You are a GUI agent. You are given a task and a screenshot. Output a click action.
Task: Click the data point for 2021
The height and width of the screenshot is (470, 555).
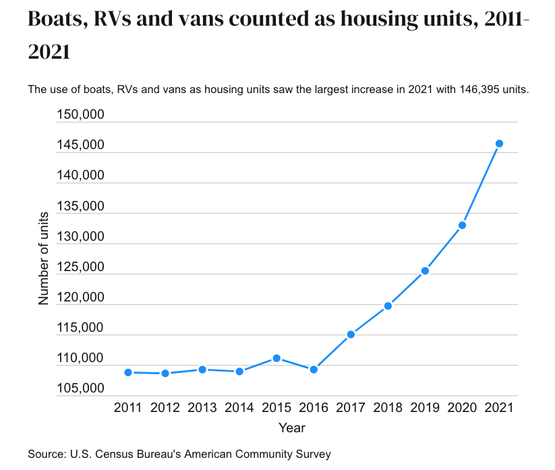[x=499, y=144]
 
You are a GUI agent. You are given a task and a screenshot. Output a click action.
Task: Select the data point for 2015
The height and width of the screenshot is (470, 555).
[x=276, y=358]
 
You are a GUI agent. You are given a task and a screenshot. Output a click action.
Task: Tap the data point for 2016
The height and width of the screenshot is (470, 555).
[x=314, y=370]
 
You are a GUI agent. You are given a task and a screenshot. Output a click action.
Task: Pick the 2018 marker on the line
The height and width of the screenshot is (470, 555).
[x=388, y=305]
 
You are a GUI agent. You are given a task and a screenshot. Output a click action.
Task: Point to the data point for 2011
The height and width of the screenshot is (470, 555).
[x=128, y=372]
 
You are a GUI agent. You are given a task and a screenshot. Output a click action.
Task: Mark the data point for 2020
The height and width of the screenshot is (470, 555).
[x=462, y=225]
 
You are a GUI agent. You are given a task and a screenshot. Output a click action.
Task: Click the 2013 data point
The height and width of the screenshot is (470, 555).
[x=202, y=370]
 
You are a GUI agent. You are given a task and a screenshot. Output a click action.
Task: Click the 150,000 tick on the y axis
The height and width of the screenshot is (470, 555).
[x=80, y=115]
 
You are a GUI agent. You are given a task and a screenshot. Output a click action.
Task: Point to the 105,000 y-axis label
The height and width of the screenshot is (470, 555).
[x=80, y=389]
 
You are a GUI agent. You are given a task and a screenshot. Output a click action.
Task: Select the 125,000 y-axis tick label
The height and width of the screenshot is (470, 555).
[x=80, y=267]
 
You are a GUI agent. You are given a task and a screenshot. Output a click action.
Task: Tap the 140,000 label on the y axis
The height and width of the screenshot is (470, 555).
[x=80, y=175]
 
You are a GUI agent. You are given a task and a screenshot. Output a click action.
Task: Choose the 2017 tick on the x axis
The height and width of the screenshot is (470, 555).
[x=351, y=407]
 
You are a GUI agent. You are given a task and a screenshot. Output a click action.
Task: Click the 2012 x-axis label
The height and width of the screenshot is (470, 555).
[x=165, y=407]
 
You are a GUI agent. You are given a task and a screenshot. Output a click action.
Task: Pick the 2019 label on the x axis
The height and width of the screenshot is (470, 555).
[x=425, y=407]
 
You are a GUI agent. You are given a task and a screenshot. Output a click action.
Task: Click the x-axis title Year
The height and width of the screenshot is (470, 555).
[x=291, y=428]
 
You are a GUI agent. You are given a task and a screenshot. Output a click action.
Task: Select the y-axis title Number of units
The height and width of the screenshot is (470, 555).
[x=44, y=258]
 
